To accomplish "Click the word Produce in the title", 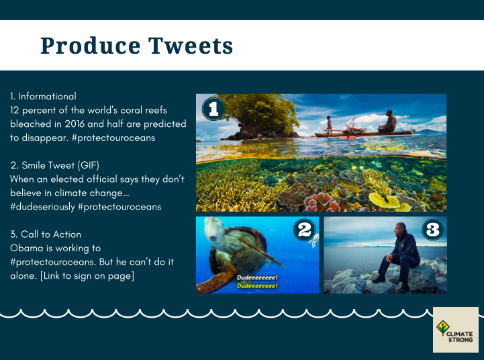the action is (x=91, y=46).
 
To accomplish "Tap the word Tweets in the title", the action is (x=191, y=46).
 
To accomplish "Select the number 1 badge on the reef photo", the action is (x=213, y=109).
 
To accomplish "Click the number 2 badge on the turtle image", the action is (x=304, y=230).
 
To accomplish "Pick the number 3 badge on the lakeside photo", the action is (x=432, y=230).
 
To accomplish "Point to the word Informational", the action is (x=47, y=96).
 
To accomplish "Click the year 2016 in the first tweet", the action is (x=75, y=124).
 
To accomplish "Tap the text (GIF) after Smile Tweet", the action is (x=89, y=165).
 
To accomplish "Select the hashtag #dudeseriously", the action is (x=42, y=207).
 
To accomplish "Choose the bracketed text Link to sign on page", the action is (x=87, y=276).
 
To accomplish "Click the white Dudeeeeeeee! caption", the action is (x=257, y=277).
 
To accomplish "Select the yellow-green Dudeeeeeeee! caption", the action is (x=257, y=286).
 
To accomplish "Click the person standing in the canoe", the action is (x=330, y=125).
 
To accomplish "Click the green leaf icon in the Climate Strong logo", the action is (x=443, y=327).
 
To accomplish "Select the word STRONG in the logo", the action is (x=461, y=340).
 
